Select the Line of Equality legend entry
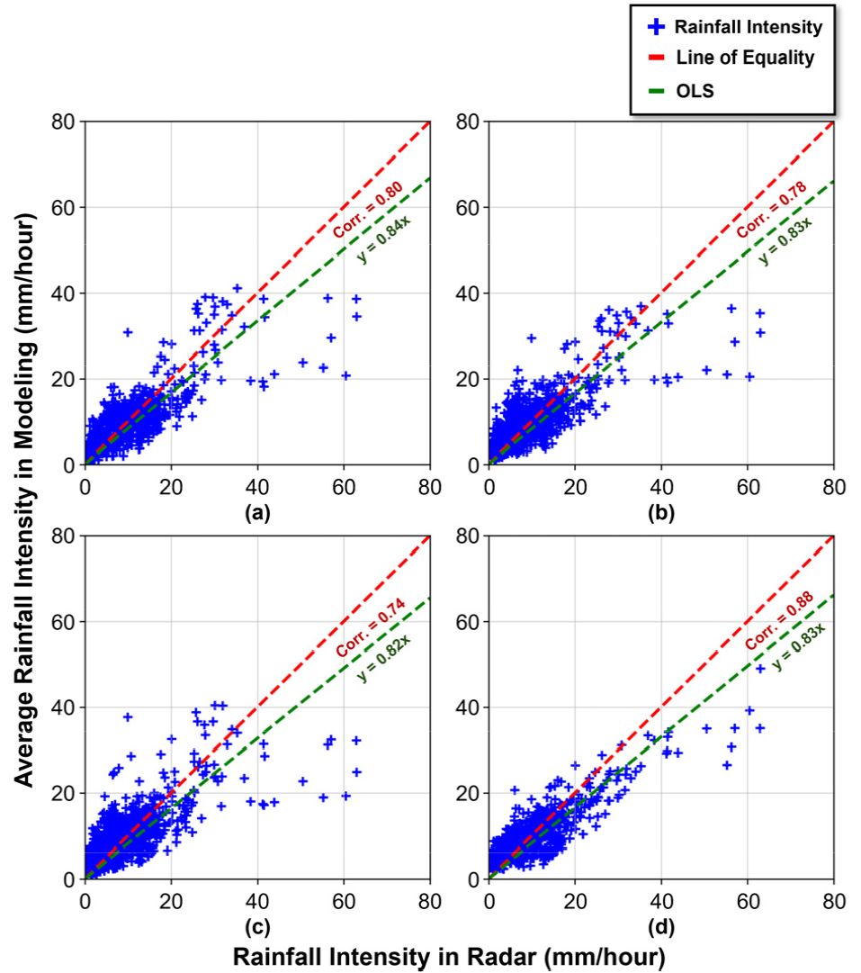(x=733, y=58)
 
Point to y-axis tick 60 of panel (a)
(x=65, y=207)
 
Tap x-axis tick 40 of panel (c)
(x=257, y=900)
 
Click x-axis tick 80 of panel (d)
(x=833, y=900)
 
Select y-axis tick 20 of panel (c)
(x=65, y=793)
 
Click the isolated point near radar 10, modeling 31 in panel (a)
(x=128, y=332)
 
